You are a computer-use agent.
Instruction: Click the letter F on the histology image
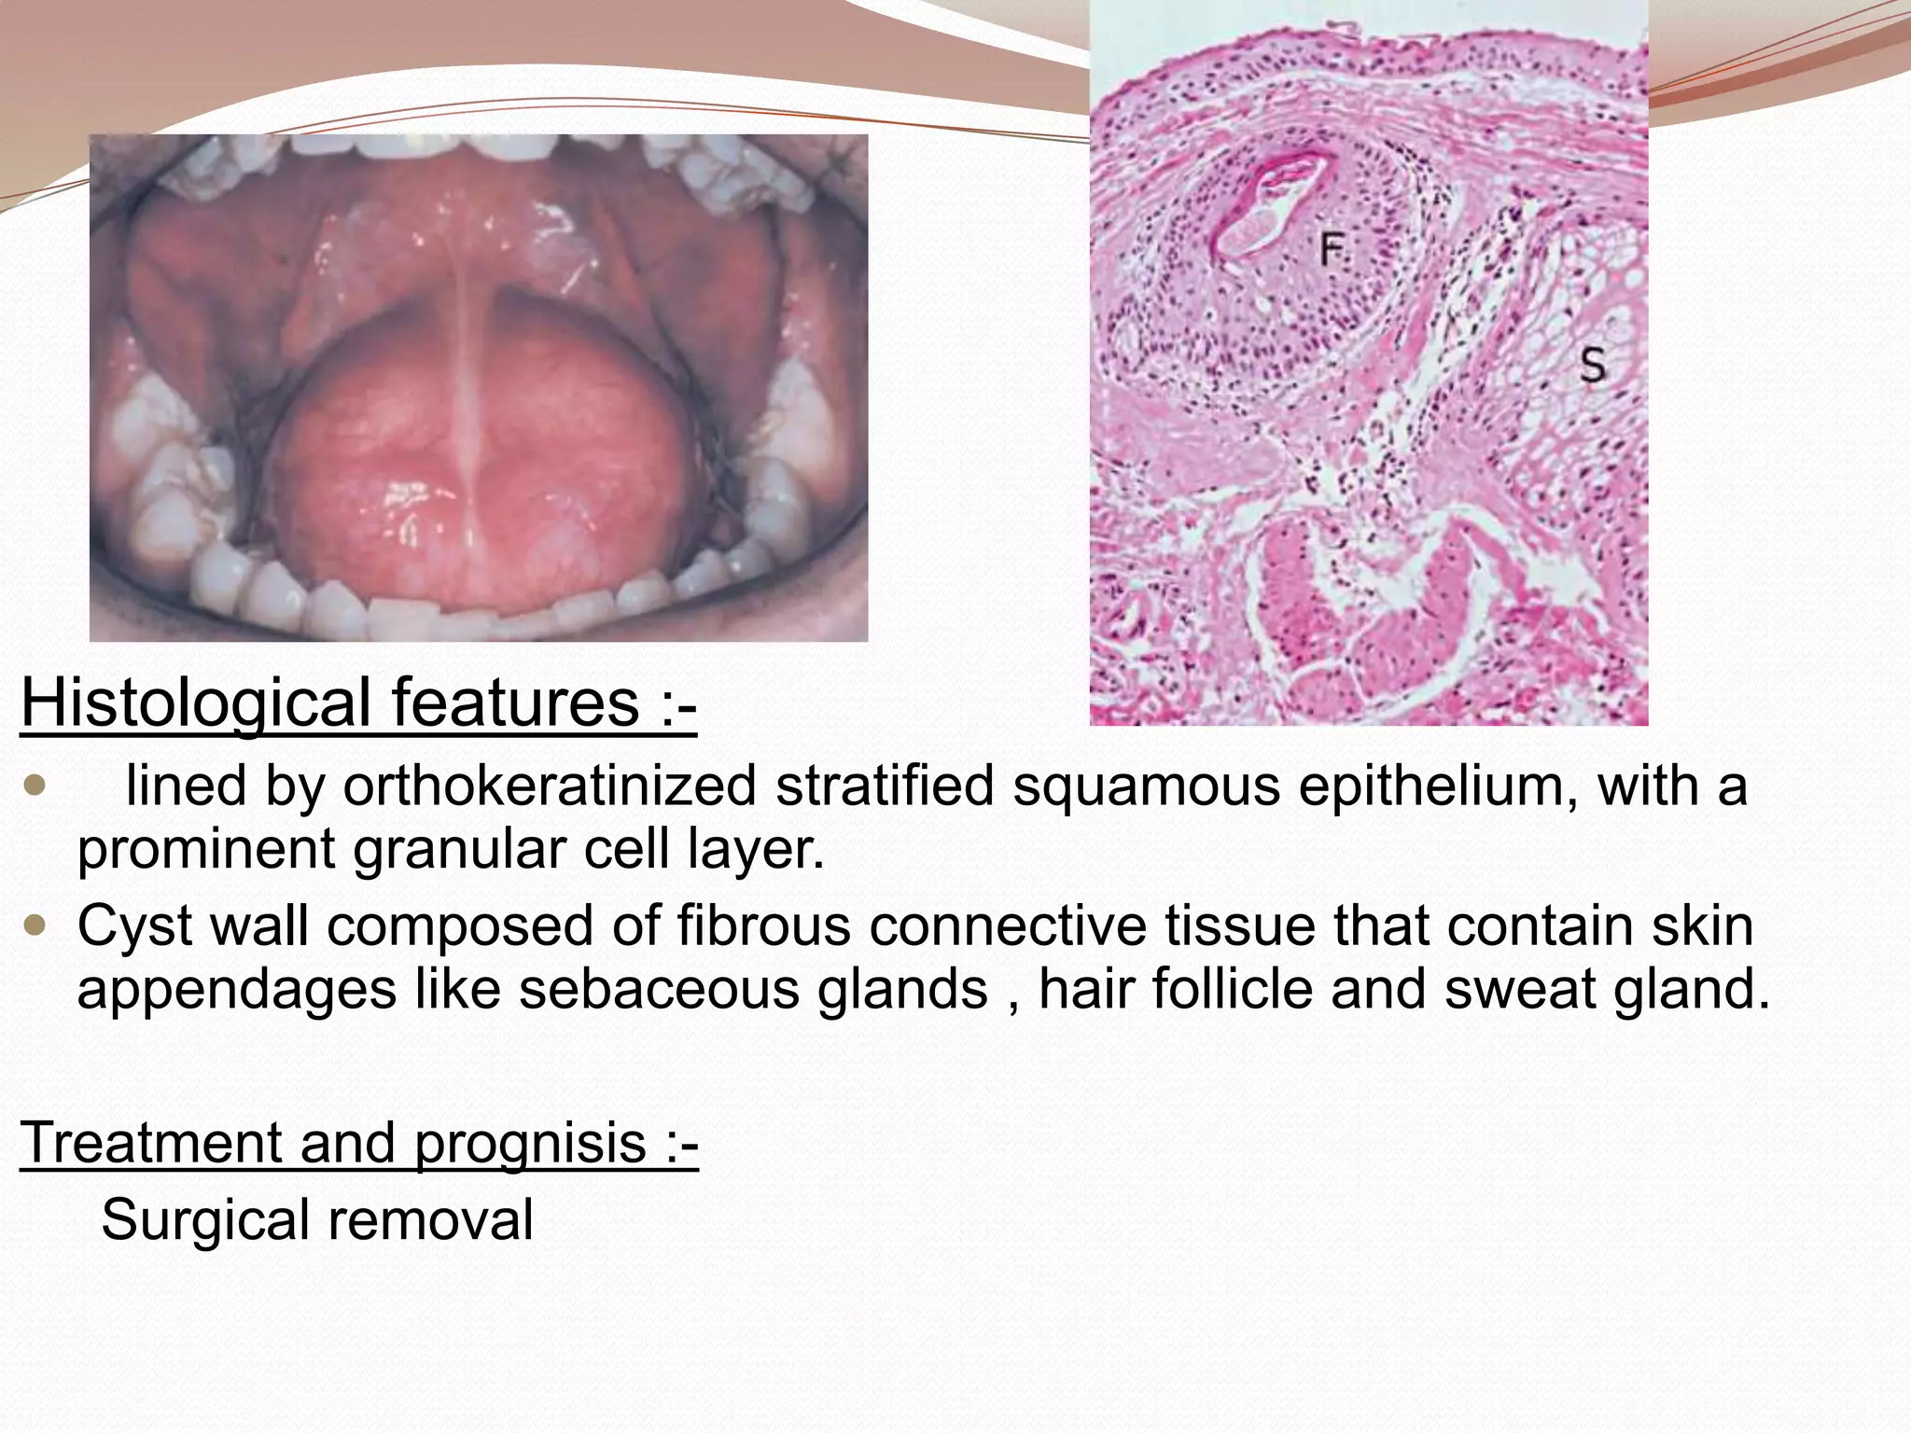coord(1332,249)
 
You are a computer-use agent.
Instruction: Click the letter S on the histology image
coord(1592,364)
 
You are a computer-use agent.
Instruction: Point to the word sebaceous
coord(659,989)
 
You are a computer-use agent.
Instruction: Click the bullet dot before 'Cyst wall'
coord(35,926)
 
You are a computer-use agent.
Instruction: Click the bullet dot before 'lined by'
coord(35,786)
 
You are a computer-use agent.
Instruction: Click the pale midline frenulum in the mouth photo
coord(467,373)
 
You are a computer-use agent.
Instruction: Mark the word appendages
coord(236,991)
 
